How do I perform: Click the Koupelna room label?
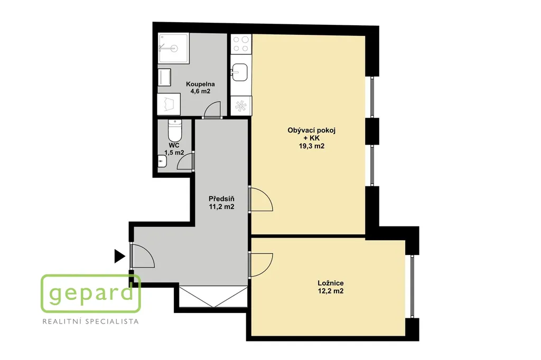(200, 84)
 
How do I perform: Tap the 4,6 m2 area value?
(200, 91)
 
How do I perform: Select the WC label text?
(174, 145)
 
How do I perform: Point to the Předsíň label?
(221, 198)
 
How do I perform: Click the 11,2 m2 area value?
(221, 206)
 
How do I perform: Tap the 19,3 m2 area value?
(312, 146)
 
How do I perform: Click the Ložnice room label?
(331, 283)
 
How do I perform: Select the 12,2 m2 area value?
(331, 291)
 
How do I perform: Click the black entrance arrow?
(119, 256)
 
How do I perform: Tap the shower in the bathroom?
(173, 48)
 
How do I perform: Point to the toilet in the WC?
(174, 129)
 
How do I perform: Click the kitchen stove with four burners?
(241, 44)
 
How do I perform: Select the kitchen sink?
(239, 72)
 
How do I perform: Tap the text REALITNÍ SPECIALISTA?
(90, 321)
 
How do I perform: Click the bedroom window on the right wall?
(412, 286)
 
